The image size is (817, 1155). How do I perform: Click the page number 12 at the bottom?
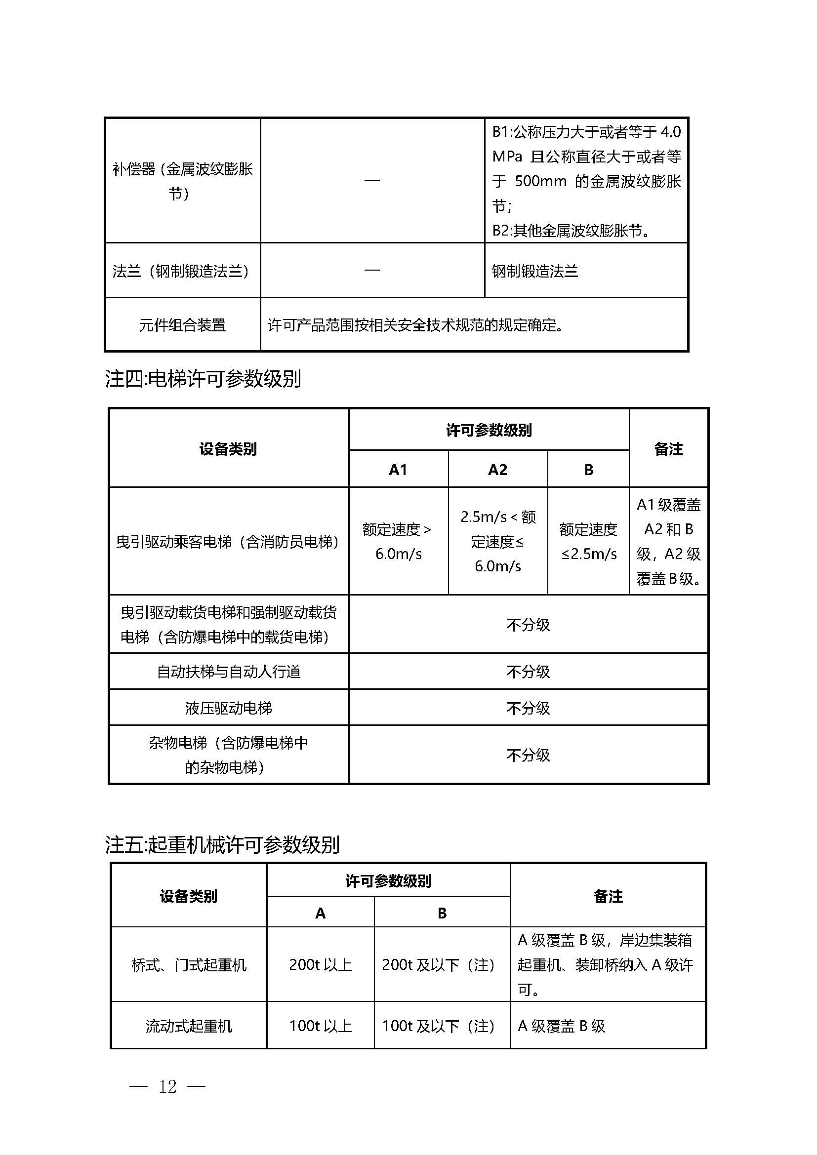tap(167, 1087)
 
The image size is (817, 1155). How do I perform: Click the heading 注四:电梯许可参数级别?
tap(203, 379)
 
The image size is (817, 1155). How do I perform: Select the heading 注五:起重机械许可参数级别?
tap(222, 844)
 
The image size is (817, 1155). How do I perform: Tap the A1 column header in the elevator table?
tap(398, 470)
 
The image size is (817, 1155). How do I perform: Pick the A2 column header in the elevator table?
tap(497, 470)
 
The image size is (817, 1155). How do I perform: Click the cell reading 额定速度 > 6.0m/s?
tap(398, 541)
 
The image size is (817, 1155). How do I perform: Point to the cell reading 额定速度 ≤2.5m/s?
tap(588, 541)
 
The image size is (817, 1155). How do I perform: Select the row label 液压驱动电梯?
tap(228, 708)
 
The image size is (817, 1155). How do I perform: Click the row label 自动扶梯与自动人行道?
tap(228, 672)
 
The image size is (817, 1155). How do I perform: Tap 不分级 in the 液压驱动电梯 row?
tap(528, 708)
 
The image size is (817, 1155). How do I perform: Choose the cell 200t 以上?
tap(320, 965)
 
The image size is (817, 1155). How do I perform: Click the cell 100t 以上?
tap(320, 1026)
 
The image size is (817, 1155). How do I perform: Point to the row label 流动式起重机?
tap(189, 1026)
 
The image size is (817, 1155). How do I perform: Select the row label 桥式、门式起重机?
tap(189, 965)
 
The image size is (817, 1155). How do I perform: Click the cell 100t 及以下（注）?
tap(438, 1026)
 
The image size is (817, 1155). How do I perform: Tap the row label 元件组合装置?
tap(182, 325)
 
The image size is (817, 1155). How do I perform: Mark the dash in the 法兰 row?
tap(372, 271)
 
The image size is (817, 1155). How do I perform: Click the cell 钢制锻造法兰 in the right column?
tap(535, 272)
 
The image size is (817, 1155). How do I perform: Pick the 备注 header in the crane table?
tap(608, 896)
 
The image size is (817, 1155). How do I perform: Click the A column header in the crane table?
tap(320, 913)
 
